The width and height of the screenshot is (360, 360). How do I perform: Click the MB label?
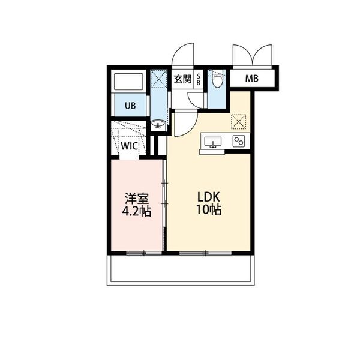pyautogui.click(x=252, y=79)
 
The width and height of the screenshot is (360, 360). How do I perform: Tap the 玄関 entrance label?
pyautogui.click(x=182, y=79)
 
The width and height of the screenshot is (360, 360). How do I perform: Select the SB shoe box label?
pyautogui.click(x=199, y=79)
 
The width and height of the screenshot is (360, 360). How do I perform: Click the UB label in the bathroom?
pyautogui.click(x=130, y=106)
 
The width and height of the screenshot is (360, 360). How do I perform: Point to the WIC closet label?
pyautogui.click(x=129, y=146)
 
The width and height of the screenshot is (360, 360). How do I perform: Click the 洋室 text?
pyautogui.click(x=137, y=199)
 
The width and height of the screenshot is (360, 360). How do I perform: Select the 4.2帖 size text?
pyautogui.click(x=136, y=211)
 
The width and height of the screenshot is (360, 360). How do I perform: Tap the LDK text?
pyautogui.click(x=209, y=197)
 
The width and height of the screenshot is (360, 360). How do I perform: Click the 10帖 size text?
pyautogui.click(x=208, y=209)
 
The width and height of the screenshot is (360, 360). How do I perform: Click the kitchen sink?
pyautogui.click(x=213, y=142)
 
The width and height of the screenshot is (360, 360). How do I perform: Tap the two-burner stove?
pyautogui.click(x=239, y=141)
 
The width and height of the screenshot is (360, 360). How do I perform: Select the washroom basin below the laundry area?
pyautogui.click(x=158, y=124)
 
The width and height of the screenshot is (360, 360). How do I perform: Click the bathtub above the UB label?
pyautogui.click(x=128, y=82)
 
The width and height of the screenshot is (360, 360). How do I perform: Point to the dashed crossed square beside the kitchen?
pyautogui.click(x=239, y=122)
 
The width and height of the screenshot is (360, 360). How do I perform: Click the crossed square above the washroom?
pyautogui.click(x=158, y=79)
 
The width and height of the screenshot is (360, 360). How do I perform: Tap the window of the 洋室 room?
pyautogui.click(x=144, y=253)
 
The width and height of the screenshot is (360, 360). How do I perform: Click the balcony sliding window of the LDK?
pyautogui.click(x=205, y=253)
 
